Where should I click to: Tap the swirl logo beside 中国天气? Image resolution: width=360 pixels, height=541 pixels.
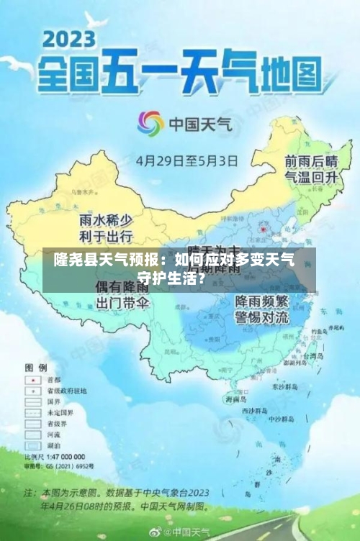(x=151, y=124)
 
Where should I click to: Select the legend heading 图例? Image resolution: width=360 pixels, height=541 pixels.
(x=36, y=367)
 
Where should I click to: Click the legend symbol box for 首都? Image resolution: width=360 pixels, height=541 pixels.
(x=32, y=380)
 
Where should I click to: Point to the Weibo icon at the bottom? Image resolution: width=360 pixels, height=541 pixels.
(x=156, y=532)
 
